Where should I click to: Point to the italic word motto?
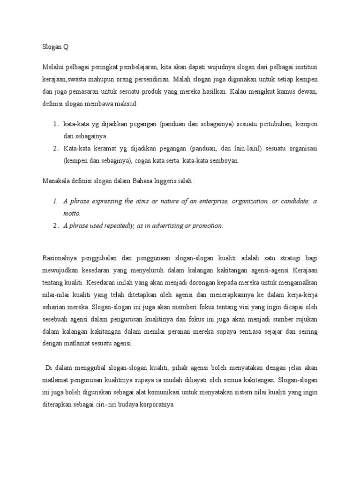(72, 213)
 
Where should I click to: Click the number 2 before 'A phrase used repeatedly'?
(55, 226)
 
